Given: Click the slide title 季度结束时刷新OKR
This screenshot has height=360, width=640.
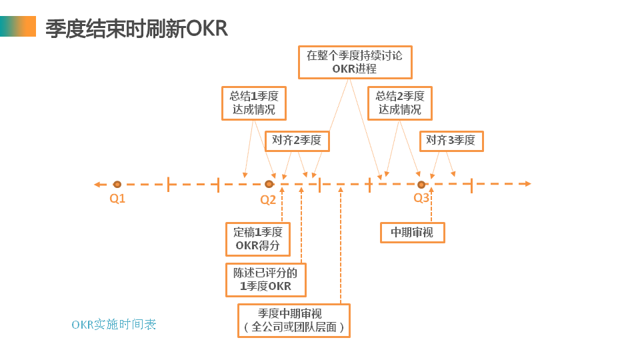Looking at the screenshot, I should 137,28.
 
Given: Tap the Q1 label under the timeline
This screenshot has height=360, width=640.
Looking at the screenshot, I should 117,198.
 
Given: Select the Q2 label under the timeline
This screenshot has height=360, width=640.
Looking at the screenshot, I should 268,199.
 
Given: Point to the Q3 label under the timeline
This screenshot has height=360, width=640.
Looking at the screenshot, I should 421,198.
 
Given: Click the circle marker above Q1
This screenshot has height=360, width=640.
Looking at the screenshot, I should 117,184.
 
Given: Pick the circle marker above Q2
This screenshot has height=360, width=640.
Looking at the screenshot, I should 269,184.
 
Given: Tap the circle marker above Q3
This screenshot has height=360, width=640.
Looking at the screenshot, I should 421,184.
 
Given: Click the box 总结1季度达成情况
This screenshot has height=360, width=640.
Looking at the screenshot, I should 253,103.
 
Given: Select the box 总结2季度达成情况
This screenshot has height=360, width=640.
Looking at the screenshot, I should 399,103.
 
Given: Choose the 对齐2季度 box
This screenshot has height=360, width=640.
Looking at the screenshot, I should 297,141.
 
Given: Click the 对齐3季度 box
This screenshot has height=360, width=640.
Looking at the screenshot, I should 451,141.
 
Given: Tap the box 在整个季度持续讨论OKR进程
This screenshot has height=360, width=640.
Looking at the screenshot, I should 354,62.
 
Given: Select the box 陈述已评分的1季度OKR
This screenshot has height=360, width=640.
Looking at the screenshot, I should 266,279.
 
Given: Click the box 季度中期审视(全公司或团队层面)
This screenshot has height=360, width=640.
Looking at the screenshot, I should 293,321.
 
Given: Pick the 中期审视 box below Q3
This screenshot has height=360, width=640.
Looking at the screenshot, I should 412,233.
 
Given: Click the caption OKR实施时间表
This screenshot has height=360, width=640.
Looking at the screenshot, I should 114,325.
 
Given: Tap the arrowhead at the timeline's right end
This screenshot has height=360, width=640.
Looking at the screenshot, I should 527,184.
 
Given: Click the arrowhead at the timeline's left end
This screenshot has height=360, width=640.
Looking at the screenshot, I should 97,184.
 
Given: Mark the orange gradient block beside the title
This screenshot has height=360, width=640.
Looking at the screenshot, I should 18,27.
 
